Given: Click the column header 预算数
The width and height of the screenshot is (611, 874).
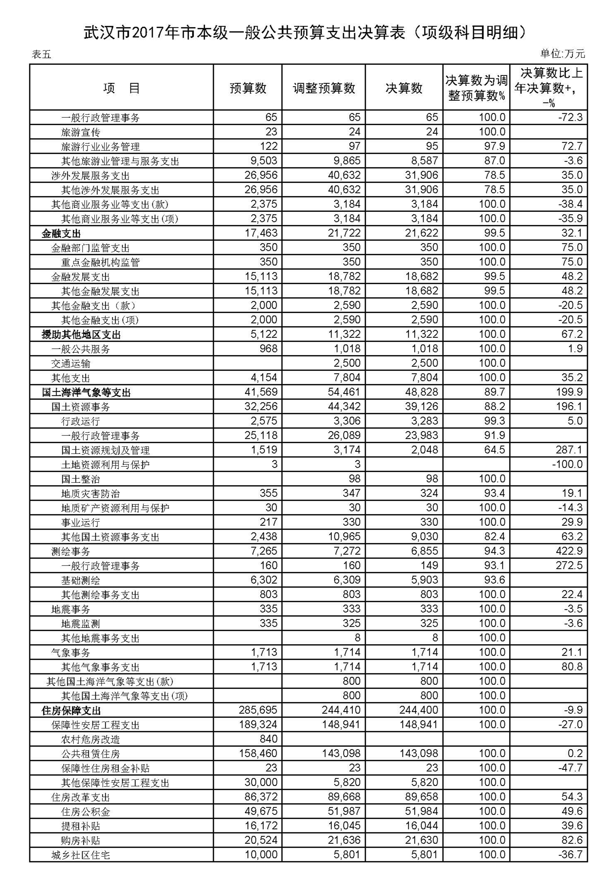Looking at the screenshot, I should coord(248,88).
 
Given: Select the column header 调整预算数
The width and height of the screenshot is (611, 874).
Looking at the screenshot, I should coord(324,88).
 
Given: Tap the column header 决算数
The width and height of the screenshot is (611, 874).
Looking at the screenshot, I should coord(404,88).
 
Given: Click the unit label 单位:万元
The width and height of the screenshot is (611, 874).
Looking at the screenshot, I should coord(562,54).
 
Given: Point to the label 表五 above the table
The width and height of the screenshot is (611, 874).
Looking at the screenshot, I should coord(41,55).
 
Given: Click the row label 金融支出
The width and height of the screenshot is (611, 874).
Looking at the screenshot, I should coord(61,234).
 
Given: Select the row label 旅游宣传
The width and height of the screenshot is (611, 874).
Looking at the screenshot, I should coord(81,133).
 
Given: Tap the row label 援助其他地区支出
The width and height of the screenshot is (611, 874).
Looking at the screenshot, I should coord(81,335).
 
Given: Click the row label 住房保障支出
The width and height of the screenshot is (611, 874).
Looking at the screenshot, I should coord(71,711).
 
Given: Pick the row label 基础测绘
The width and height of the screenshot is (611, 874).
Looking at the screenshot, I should coord(81,581).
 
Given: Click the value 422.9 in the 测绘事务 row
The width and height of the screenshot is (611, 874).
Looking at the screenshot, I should coord(569,551).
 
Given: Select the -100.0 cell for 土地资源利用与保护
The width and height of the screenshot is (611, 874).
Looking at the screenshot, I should coord(567,464).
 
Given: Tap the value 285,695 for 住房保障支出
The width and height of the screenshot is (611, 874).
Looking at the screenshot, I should coord(258,710).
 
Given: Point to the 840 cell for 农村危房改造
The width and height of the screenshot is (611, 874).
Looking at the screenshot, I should coord(268,739).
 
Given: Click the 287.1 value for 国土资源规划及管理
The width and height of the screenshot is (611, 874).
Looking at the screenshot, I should coord(569,450).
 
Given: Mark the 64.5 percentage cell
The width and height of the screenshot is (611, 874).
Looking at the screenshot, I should coord(495,450).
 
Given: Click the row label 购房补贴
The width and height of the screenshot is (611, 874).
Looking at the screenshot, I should coord(81,841).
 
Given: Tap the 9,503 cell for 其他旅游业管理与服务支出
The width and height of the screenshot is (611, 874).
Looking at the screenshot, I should coord(261,161).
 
